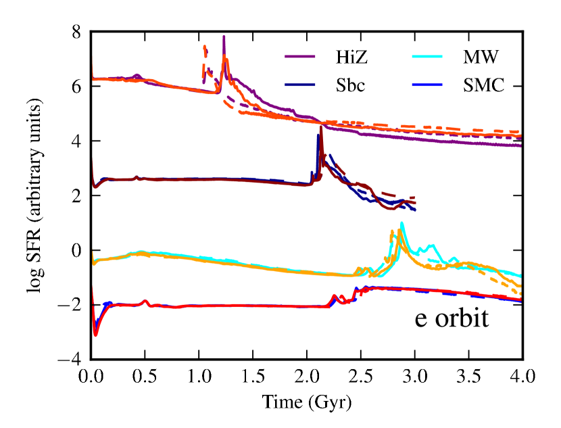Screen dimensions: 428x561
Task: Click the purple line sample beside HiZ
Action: coord(298,59)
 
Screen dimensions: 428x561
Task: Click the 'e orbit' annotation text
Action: coord(451,318)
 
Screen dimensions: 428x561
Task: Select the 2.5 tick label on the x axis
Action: coord(361,376)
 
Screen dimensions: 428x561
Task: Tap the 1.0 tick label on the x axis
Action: coord(199,376)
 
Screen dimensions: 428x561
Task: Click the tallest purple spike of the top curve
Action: coord(224,37)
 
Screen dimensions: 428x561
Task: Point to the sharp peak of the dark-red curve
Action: coord(321,128)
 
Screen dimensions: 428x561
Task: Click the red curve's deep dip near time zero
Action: coord(96,333)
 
